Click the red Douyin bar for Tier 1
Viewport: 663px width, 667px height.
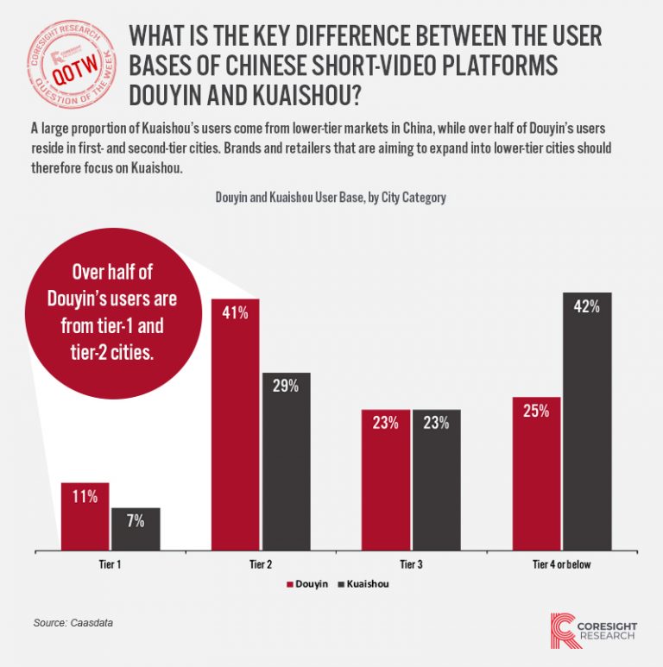85,515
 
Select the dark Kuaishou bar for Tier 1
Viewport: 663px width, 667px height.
136,528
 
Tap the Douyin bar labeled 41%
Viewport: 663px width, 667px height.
236,424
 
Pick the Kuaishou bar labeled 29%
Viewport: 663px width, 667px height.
286,461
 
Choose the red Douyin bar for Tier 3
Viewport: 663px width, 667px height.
386,479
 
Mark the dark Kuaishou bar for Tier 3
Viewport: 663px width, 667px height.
436,479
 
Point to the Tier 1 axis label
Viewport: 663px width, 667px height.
110,564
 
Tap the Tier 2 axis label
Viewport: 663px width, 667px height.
260,564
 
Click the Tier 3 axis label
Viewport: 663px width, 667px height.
411,564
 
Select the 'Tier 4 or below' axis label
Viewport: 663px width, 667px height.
560,564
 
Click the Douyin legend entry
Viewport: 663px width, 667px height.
306,584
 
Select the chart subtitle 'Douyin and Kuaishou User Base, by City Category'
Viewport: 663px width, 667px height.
331,198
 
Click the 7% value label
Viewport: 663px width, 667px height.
136,520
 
